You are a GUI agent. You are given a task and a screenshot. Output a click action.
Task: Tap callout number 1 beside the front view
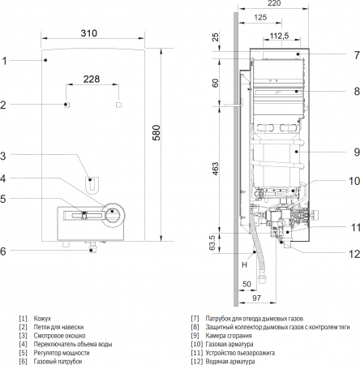coord(4,60)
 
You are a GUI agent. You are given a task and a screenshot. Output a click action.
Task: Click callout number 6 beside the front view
coord(4,251)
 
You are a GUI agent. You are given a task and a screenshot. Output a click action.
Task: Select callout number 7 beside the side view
coord(355,55)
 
